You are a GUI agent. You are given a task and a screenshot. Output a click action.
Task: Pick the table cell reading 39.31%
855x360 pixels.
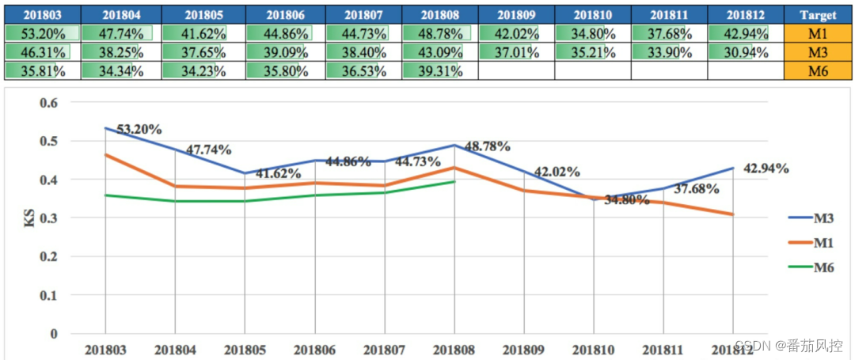coord(441,71)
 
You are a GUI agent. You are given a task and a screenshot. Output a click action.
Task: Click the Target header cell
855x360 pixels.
coord(818,14)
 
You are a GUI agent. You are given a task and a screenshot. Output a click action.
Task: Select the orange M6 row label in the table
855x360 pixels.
coord(818,71)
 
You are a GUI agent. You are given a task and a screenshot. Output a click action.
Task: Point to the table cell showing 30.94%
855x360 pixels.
coord(745,52)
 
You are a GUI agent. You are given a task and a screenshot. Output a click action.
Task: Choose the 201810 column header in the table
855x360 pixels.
coord(593,14)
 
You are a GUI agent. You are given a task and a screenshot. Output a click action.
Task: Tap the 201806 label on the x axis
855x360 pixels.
coord(316,349)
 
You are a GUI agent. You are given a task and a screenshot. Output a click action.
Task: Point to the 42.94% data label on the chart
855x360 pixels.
coord(766,168)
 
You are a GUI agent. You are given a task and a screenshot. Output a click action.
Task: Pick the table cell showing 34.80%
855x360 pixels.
coord(593,33)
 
